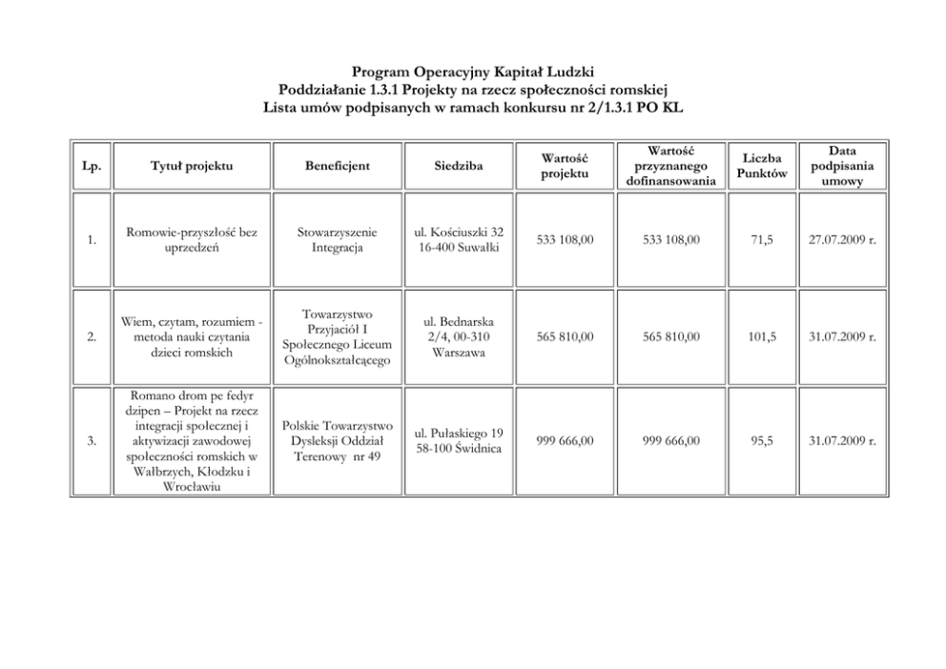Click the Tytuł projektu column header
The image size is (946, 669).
coord(191,167)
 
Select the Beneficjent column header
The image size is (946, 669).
coord(339,167)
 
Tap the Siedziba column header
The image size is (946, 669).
coord(459,167)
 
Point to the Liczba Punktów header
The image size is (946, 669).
coord(762,166)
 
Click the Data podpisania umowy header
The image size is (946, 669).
coord(841,167)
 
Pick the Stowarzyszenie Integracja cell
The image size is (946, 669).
coord(339,240)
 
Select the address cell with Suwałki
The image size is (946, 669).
coord(459,240)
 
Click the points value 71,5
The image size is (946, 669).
coord(762,240)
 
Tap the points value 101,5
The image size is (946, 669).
coord(762,336)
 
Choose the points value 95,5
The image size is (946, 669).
coord(762,441)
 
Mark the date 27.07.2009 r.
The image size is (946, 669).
coord(841,240)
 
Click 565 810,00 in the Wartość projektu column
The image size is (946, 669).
coord(565,336)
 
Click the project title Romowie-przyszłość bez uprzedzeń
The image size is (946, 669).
coord(191,240)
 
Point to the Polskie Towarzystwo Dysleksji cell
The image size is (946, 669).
coord(339,441)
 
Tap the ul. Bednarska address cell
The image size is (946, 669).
coord(459,336)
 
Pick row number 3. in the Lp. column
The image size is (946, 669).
coord(91,441)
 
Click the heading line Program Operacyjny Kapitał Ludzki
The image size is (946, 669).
coord(472,72)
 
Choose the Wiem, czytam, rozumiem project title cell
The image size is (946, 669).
coord(191,336)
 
